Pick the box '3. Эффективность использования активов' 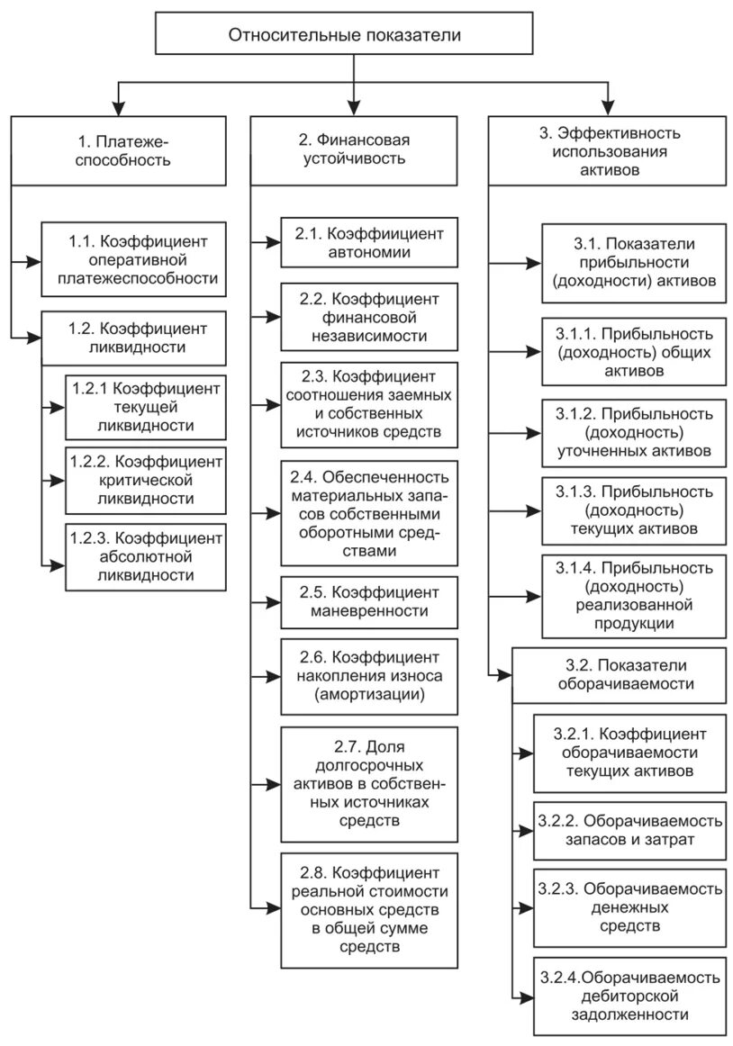609,150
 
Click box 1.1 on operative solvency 132,260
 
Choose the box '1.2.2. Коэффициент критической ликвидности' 145,480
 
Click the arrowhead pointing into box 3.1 534,263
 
